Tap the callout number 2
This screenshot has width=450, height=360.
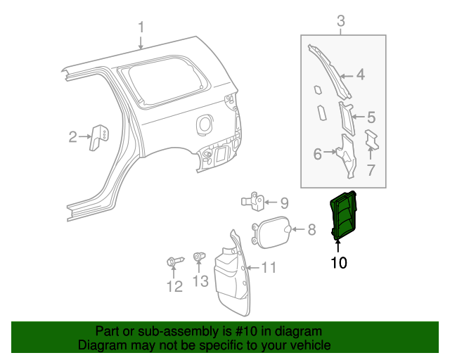coord(72,137)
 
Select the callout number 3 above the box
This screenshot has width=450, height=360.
coord(341,21)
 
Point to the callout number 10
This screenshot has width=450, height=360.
coord(339,263)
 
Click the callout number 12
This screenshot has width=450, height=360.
coord(174,286)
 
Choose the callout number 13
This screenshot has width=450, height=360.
coord(200,282)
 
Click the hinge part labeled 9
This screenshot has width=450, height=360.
coord(256,201)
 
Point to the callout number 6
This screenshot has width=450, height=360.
coord(317,153)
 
